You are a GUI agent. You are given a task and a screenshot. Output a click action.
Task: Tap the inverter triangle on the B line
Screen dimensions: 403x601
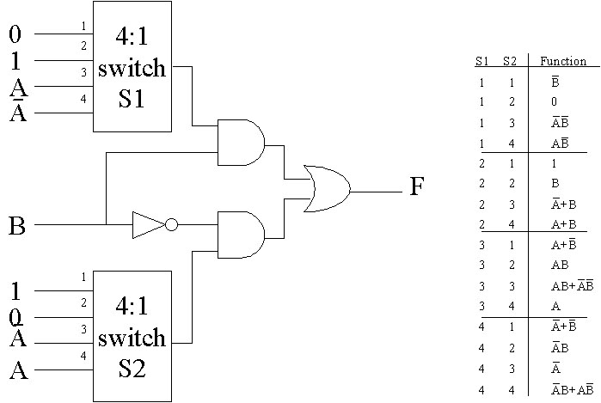coord(147,225)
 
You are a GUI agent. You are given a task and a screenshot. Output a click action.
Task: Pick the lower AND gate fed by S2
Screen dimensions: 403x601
coord(242,233)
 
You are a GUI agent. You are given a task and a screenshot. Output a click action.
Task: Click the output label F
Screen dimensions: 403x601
coord(416,186)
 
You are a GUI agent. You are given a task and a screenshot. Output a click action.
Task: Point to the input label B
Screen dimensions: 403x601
coord(16,227)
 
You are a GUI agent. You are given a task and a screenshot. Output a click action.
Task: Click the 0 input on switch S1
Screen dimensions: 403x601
coord(15,34)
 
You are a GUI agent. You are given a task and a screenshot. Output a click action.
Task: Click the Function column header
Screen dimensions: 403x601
coord(563,61)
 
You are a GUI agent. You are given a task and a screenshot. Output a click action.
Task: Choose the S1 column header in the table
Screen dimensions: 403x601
coord(482,61)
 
